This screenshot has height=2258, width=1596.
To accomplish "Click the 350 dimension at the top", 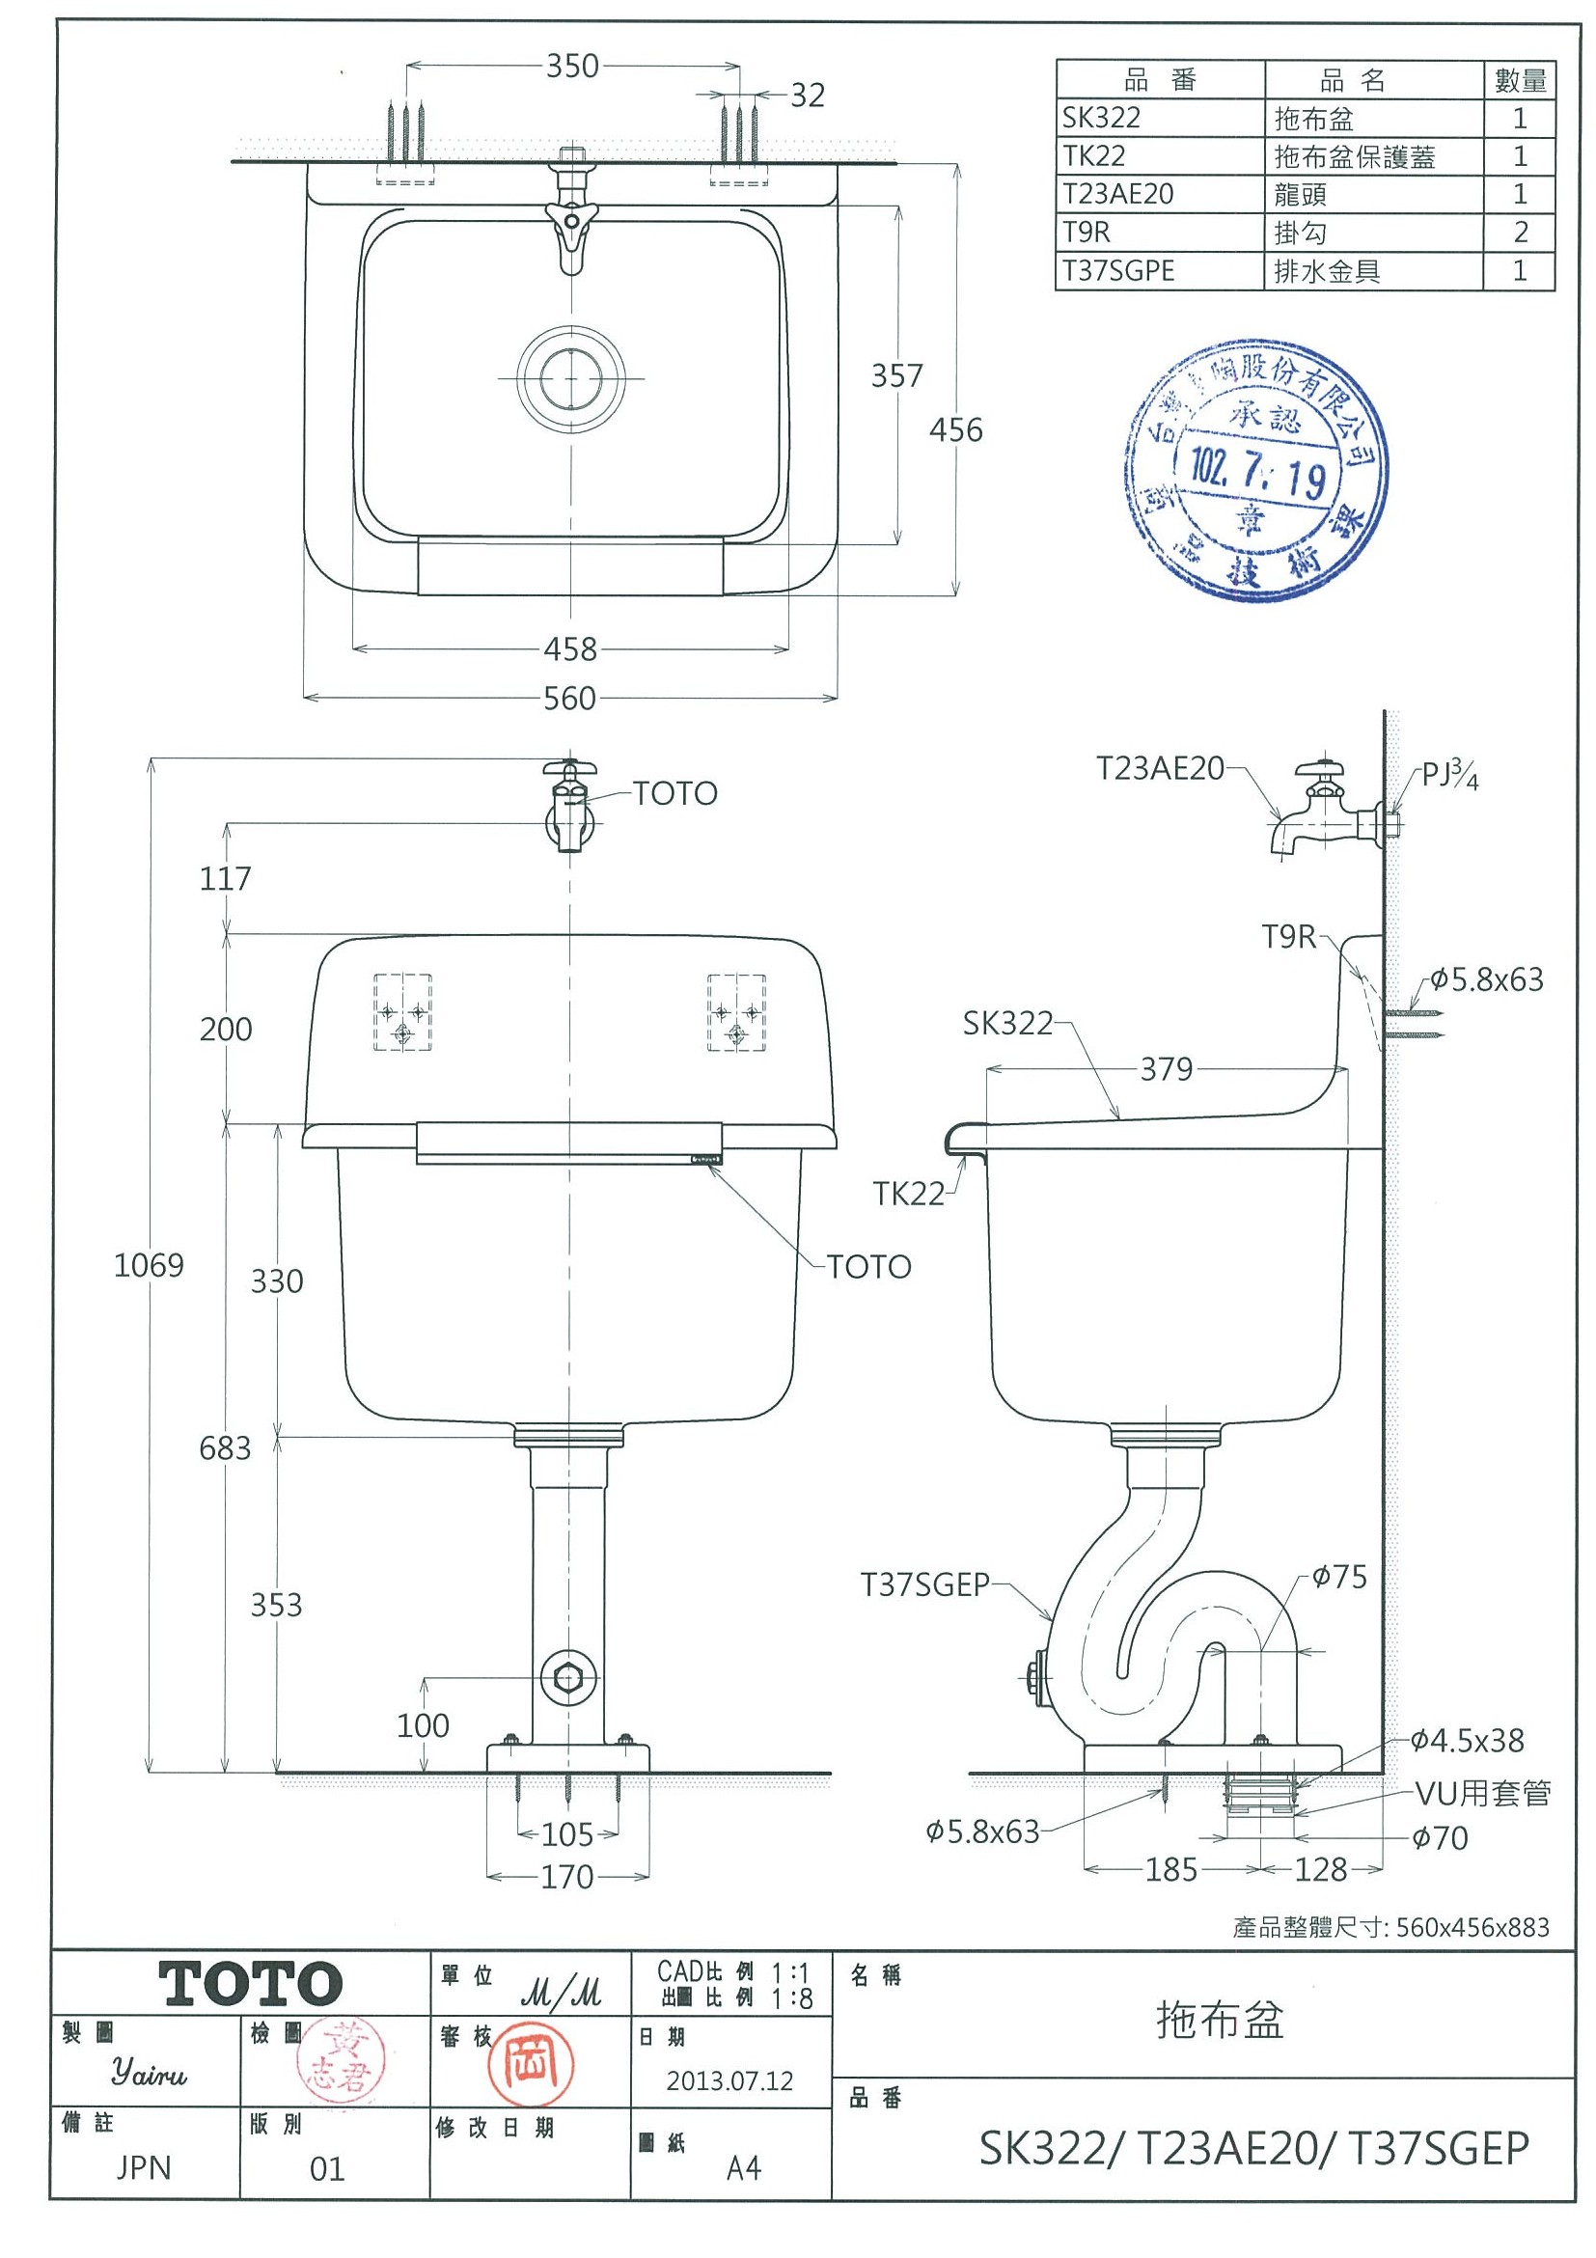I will [572, 66].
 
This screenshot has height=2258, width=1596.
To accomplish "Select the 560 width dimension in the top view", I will [569, 699].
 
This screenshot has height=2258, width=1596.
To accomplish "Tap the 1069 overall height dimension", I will [149, 1265].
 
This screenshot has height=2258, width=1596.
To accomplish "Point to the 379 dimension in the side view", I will [1167, 1069].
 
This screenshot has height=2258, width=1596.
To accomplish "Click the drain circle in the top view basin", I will [570, 378].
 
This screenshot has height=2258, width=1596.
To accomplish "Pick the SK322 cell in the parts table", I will [1101, 118].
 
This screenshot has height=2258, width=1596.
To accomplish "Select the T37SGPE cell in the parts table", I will [1118, 270].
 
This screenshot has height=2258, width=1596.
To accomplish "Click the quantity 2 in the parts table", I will [1521, 233].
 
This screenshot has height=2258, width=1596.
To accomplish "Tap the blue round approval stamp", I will [1255, 471].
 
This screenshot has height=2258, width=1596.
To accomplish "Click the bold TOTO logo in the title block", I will [250, 1984].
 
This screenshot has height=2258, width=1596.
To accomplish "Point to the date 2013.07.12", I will [729, 2081].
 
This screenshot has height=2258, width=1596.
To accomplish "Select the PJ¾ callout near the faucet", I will [1450, 775].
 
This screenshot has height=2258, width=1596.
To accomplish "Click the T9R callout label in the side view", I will [1288, 937].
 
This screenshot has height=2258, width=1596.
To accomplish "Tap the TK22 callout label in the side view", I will [908, 1194].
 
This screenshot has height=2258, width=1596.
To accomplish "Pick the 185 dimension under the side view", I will [1171, 1869].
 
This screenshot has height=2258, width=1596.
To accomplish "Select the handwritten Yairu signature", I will [149, 2074].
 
